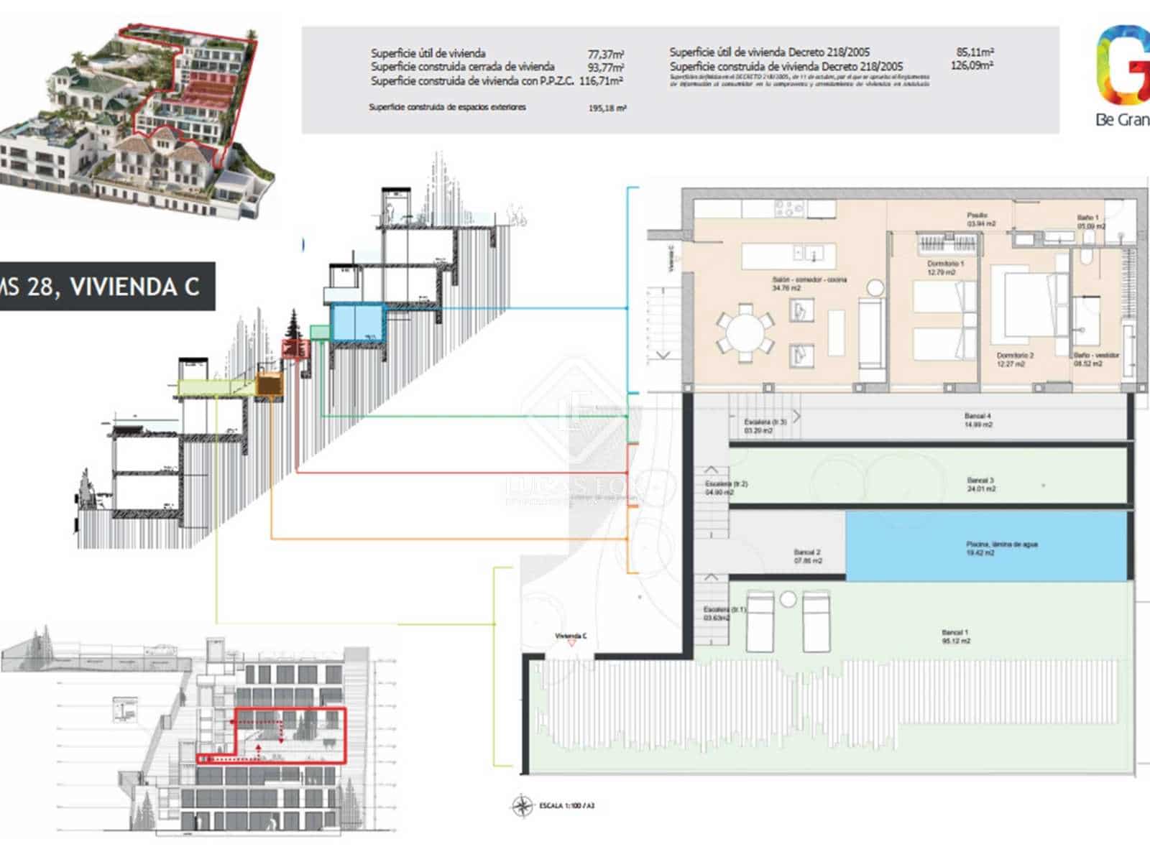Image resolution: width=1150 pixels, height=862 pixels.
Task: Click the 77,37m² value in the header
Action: (x=605, y=54)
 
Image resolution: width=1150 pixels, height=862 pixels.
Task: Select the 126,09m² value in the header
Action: (x=972, y=65)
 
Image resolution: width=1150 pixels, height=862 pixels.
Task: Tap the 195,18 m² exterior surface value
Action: (x=607, y=108)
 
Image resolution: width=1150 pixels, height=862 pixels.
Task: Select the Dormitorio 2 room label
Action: (x=1015, y=359)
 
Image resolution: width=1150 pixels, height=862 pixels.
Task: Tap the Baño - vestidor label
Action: (x=1096, y=359)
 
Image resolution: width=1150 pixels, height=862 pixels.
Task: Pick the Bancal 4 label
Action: (x=977, y=420)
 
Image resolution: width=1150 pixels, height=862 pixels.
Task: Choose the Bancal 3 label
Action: (x=980, y=484)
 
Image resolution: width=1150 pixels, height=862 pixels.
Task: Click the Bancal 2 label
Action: (x=808, y=556)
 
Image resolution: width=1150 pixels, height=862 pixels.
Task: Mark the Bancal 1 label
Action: (x=956, y=636)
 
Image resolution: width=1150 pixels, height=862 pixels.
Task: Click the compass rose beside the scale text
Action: (x=523, y=806)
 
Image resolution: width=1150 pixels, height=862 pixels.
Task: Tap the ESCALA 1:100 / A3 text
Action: (x=567, y=806)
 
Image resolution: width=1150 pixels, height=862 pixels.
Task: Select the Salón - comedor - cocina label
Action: (x=809, y=284)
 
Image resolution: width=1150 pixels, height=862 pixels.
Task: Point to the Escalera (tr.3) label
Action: (x=765, y=426)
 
